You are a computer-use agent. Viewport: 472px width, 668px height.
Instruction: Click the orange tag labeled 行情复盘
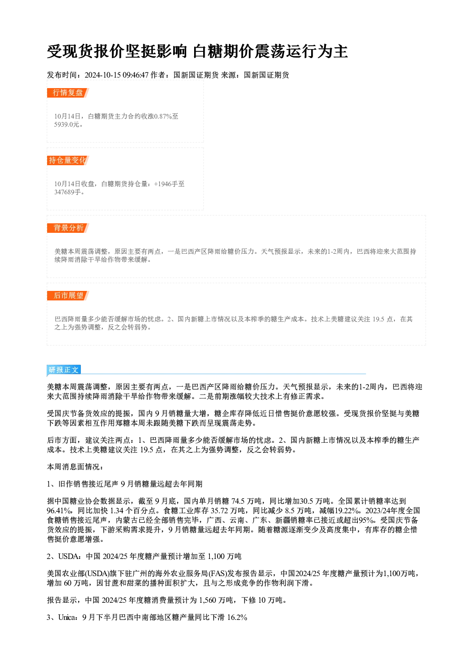(68, 93)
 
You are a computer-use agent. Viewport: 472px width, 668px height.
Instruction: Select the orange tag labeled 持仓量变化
(68, 160)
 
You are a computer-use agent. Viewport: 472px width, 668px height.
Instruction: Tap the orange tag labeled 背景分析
(68, 228)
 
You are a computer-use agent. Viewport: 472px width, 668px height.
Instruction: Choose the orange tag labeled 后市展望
(68, 296)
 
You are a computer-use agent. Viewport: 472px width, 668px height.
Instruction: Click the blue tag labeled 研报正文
(64, 370)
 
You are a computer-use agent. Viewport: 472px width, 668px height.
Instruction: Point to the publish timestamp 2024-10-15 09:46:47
(117, 75)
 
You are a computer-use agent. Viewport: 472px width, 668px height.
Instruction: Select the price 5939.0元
(67, 124)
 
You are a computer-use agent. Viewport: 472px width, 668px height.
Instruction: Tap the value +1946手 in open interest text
(166, 184)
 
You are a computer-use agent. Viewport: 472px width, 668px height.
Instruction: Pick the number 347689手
(68, 192)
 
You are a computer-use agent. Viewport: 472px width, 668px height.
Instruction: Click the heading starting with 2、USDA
(144, 556)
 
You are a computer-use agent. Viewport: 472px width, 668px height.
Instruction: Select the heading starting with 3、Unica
(147, 618)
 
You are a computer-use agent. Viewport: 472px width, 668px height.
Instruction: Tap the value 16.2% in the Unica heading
(237, 618)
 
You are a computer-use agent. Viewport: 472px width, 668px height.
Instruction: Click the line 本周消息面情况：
(75, 467)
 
